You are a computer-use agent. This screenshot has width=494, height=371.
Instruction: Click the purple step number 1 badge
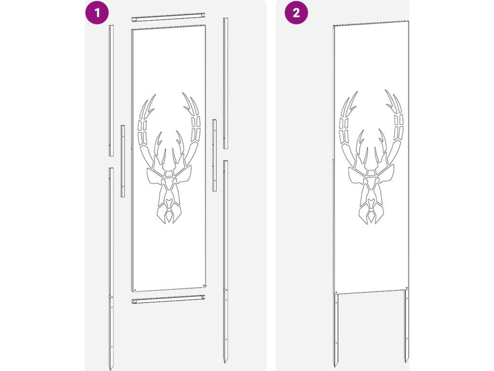(97, 13)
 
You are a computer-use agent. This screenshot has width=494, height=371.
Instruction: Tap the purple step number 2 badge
(296, 13)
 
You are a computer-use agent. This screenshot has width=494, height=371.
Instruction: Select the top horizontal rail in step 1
(168, 17)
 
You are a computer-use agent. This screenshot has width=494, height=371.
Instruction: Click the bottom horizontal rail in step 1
(168, 299)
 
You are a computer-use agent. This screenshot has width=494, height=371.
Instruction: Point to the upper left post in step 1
(111, 90)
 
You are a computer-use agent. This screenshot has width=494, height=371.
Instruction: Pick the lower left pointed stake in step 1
(111, 268)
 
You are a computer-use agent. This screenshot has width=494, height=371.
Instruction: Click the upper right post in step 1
(226, 83)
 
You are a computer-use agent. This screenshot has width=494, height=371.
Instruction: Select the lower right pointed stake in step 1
(226, 261)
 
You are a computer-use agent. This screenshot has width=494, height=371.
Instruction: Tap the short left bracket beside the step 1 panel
(122, 161)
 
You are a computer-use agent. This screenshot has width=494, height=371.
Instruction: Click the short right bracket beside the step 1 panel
(214, 155)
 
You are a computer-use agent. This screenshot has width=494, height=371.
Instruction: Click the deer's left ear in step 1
(155, 176)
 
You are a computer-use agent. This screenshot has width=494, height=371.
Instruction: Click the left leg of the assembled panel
(336, 329)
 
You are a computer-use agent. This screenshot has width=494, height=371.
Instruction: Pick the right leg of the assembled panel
(406, 326)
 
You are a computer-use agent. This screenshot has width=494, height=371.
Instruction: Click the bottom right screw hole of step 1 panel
(204, 286)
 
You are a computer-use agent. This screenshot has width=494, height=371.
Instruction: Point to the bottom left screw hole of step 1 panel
(135, 289)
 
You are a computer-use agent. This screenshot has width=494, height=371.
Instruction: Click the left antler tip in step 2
(357, 92)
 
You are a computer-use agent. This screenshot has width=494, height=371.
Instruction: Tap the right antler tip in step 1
(183, 93)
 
